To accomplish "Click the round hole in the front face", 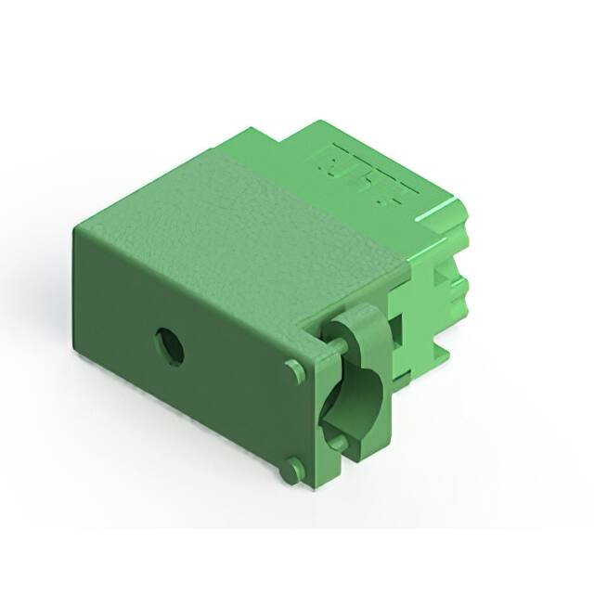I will coord(169,346).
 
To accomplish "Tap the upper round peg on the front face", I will coord(295,371).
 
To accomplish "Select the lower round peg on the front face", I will coord(292,471).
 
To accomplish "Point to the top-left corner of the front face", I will coord(74,228).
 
